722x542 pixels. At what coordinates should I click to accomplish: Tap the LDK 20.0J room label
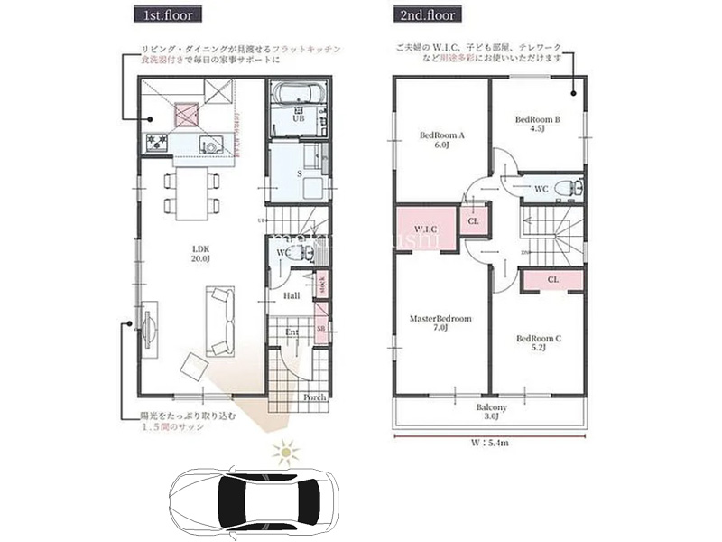click(200, 254)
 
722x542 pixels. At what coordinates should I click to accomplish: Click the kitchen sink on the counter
click(210, 144)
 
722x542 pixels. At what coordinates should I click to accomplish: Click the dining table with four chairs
click(190, 193)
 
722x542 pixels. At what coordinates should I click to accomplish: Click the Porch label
click(314, 397)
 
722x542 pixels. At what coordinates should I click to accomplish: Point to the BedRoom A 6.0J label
click(442, 139)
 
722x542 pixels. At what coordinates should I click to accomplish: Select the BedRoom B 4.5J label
click(539, 123)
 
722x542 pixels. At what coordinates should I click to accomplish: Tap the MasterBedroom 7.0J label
click(441, 323)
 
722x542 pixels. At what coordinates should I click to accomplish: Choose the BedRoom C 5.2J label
click(539, 342)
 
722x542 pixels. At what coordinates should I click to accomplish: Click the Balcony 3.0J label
click(492, 411)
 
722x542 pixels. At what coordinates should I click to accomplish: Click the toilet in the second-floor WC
click(565, 187)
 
